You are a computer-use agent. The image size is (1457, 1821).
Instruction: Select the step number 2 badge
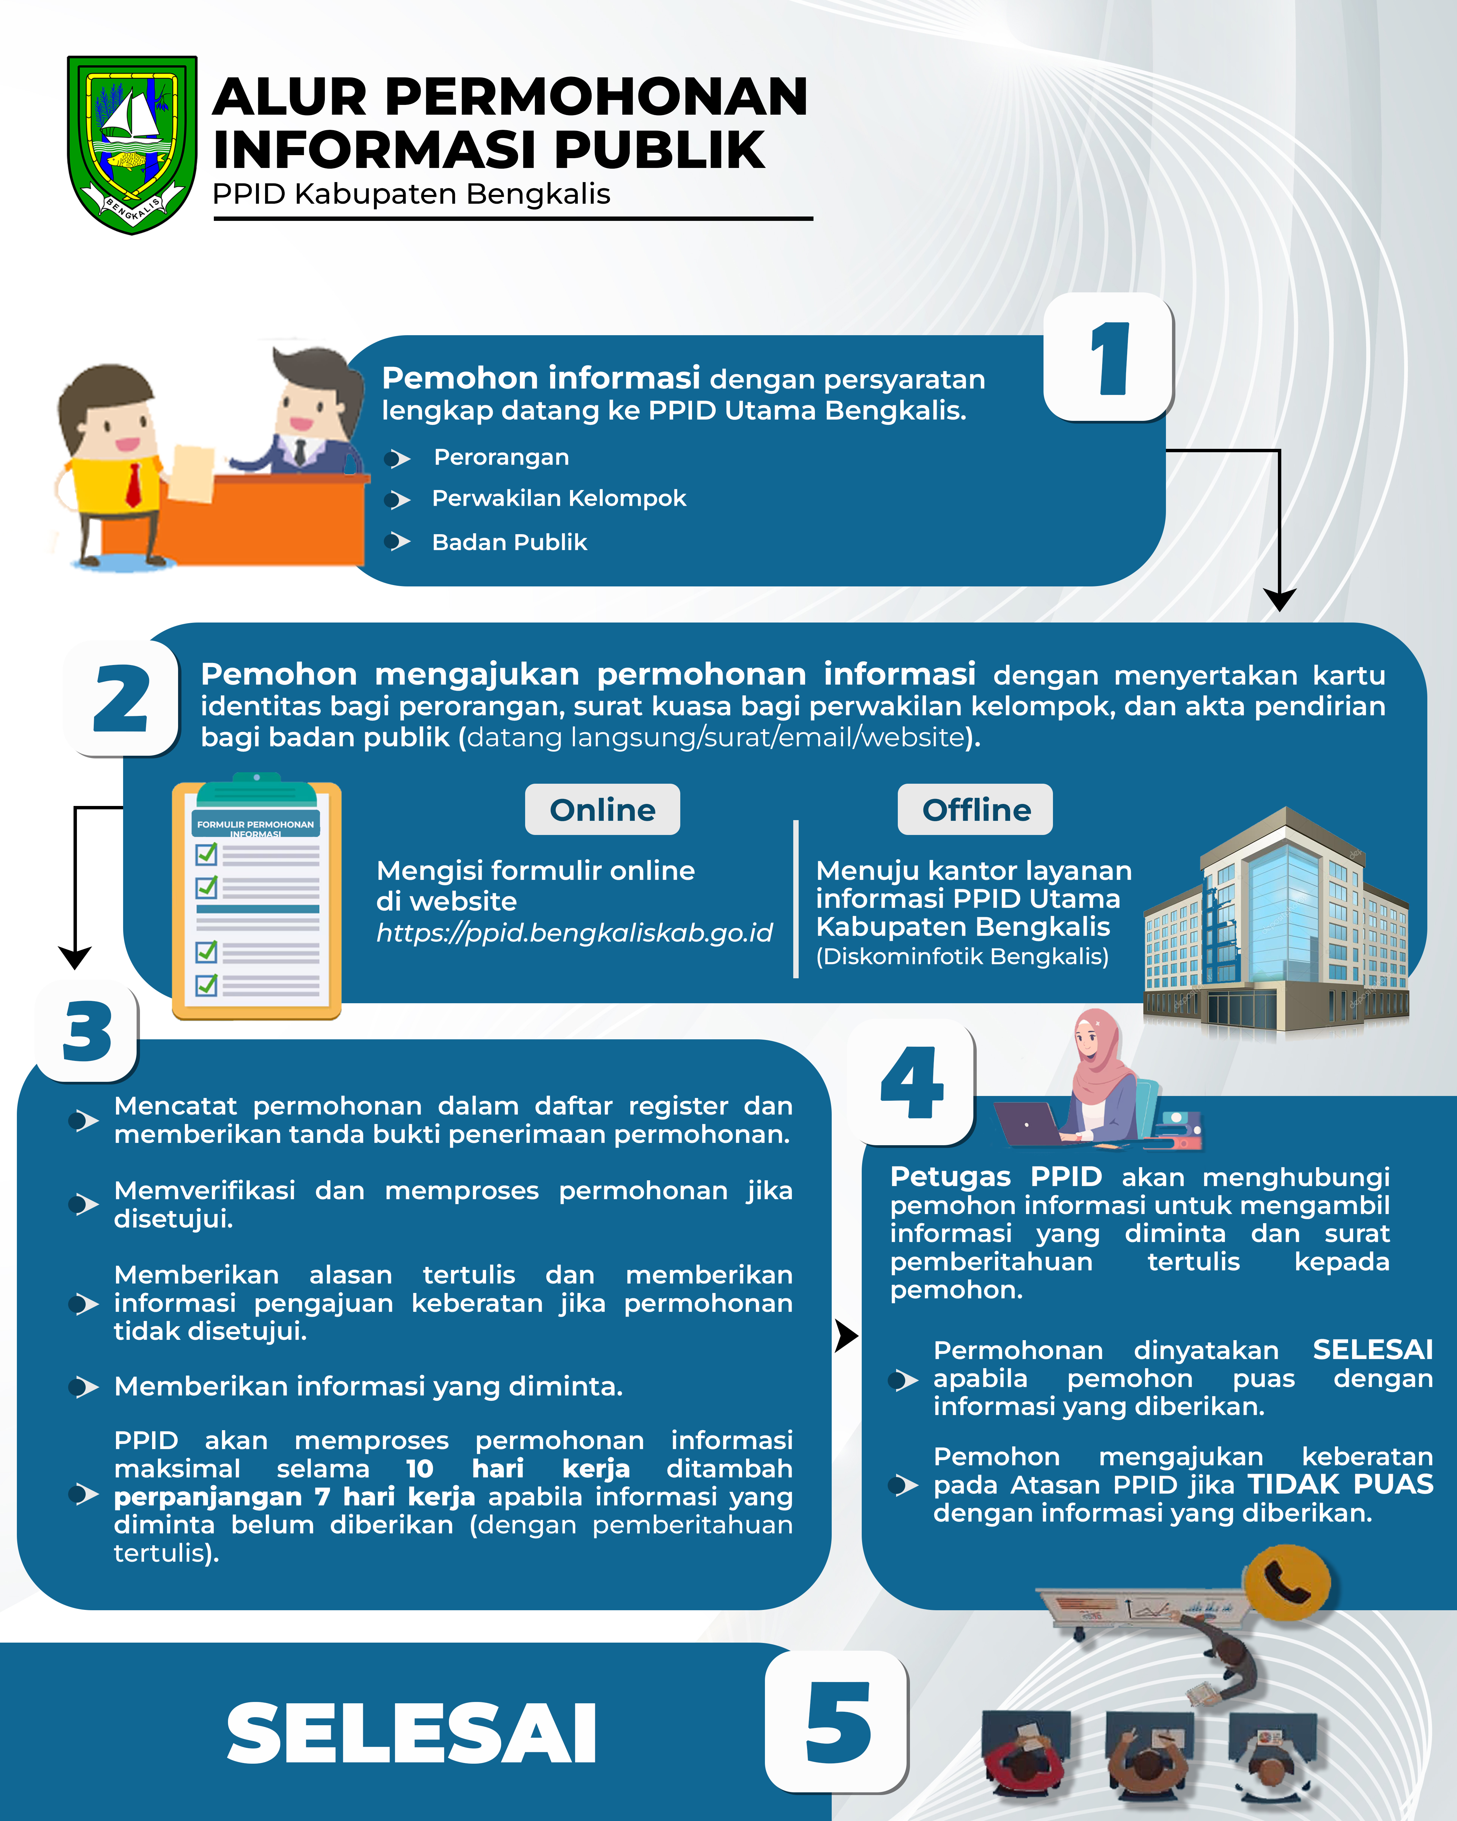[x=122, y=698]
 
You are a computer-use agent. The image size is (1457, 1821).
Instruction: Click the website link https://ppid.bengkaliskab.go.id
[x=574, y=932]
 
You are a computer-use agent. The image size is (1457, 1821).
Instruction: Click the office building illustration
[x=1276, y=921]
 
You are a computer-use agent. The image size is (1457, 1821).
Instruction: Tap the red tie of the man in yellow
[x=134, y=484]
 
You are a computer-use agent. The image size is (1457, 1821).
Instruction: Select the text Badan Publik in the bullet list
[x=509, y=542]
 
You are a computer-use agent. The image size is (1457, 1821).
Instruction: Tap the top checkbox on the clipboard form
[x=206, y=854]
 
